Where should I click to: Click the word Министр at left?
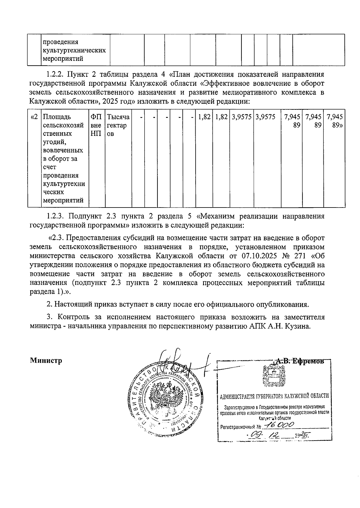pyautogui.click(x=46, y=360)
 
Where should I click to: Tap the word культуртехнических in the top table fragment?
pyautogui.click(x=74, y=50)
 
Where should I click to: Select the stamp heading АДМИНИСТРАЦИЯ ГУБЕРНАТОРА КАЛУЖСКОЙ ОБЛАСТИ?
pyautogui.click(x=274, y=396)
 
